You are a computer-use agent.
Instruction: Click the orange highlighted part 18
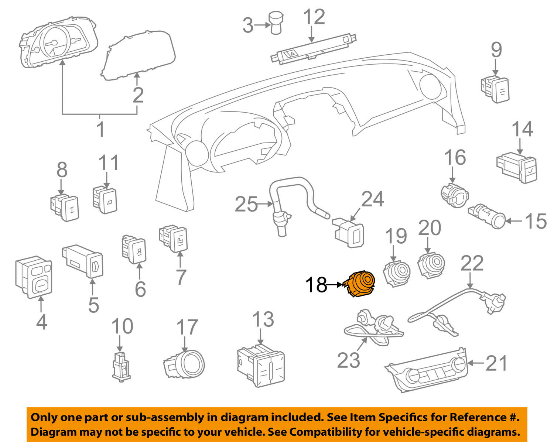coord(360,284)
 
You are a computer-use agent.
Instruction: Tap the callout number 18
coord(316,285)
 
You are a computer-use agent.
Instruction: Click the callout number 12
coord(314,18)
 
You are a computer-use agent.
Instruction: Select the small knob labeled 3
coord(276,23)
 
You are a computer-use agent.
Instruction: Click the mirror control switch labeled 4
coord(34,277)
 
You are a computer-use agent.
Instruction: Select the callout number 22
coord(472,263)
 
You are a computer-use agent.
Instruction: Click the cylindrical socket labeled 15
coord(487,216)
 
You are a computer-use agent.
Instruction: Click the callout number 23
coord(348,360)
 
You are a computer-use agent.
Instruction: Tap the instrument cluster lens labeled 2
coord(138,55)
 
